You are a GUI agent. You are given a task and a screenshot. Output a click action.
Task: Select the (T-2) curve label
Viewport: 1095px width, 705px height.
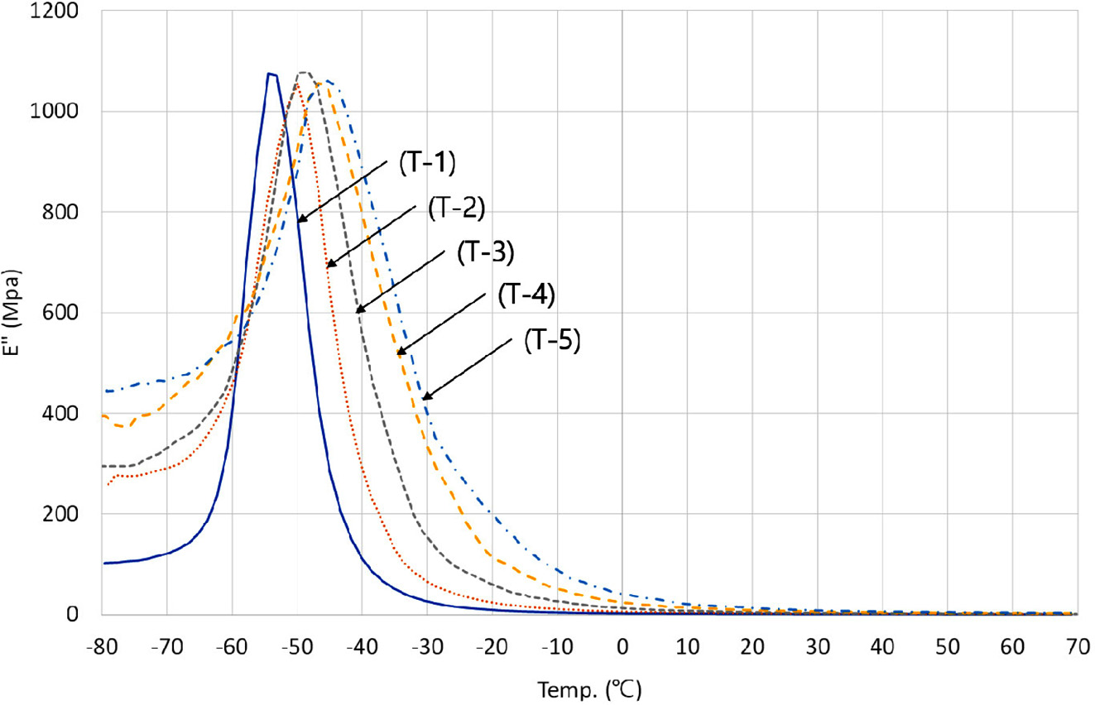click(457, 209)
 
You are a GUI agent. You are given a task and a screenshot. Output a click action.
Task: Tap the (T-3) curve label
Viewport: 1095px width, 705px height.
click(487, 252)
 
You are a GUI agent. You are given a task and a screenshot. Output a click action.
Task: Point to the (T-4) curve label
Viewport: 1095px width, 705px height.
click(526, 296)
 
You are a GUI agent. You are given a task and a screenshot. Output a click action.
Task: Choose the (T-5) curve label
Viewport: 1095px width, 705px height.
click(554, 342)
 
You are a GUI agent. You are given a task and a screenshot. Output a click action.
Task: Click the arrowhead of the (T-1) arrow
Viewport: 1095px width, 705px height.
click(299, 222)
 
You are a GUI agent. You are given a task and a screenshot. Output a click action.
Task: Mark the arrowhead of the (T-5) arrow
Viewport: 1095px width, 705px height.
click(424, 400)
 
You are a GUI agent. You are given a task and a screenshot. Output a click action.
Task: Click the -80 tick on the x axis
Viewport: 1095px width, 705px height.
click(102, 645)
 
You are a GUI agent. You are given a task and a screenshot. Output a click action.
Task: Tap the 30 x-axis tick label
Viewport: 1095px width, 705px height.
click(818, 645)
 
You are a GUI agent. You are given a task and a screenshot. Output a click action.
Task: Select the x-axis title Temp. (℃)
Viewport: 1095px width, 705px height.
click(589, 688)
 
